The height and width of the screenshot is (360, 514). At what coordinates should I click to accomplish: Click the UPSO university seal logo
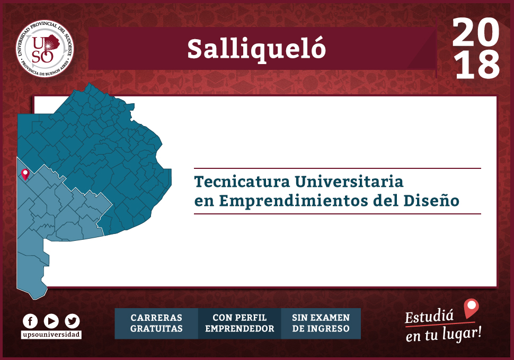(x=45, y=49)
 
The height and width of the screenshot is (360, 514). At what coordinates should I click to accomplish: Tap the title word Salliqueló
(x=256, y=49)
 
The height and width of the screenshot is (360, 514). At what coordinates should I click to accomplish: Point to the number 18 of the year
(x=477, y=65)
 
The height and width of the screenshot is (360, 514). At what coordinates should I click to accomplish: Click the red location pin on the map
(x=25, y=175)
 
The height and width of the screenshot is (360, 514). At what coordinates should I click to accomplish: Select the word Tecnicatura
(x=242, y=182)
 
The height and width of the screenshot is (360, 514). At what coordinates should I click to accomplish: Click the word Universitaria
(x=349, y=182)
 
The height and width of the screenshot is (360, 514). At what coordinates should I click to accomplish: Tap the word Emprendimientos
(x=294, y=201)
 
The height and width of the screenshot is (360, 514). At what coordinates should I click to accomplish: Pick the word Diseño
(x=431, y=200)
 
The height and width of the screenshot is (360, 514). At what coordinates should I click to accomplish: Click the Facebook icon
(x=30, y=321)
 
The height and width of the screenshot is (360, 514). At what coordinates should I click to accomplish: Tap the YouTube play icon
(x=51, y=321)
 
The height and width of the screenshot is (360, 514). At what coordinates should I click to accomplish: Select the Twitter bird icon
(x=72, y=321)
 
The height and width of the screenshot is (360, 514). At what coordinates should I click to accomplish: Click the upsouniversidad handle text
(x=51, y=335)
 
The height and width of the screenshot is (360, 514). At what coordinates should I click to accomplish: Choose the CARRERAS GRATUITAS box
(x=156, y=323)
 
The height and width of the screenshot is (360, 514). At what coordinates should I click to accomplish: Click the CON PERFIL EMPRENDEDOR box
(x=240, y=323)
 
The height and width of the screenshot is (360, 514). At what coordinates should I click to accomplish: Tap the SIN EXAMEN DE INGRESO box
(x=321, y=323)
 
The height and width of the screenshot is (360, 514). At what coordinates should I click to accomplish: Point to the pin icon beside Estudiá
(x=471, y=308)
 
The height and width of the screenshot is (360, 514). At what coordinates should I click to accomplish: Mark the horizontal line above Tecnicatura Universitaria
(x=338, y=168)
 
